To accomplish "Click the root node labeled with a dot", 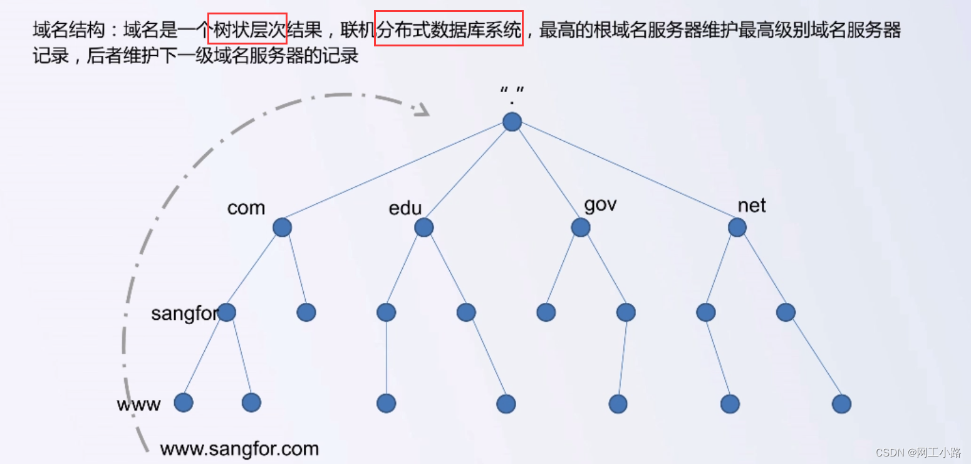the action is tap(512, 122).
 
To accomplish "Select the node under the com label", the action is tap(282, 227).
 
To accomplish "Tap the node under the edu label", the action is tap(424, 227).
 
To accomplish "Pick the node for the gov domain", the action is tap(581, 227).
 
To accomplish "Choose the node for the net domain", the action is tap(737, 227).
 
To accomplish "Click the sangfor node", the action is tap(226, 312).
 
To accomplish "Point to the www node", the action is tap(183, 403).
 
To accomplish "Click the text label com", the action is tap(246, 208).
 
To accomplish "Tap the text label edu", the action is tap(405, 208).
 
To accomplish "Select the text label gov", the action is tap(600, 205).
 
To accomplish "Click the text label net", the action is tap(752, 205).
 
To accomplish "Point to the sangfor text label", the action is tap(183, 313).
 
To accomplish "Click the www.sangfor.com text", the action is tap(239, 449).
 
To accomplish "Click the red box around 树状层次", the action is tap(247, 29).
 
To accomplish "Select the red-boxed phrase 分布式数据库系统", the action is tap(449, 29).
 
